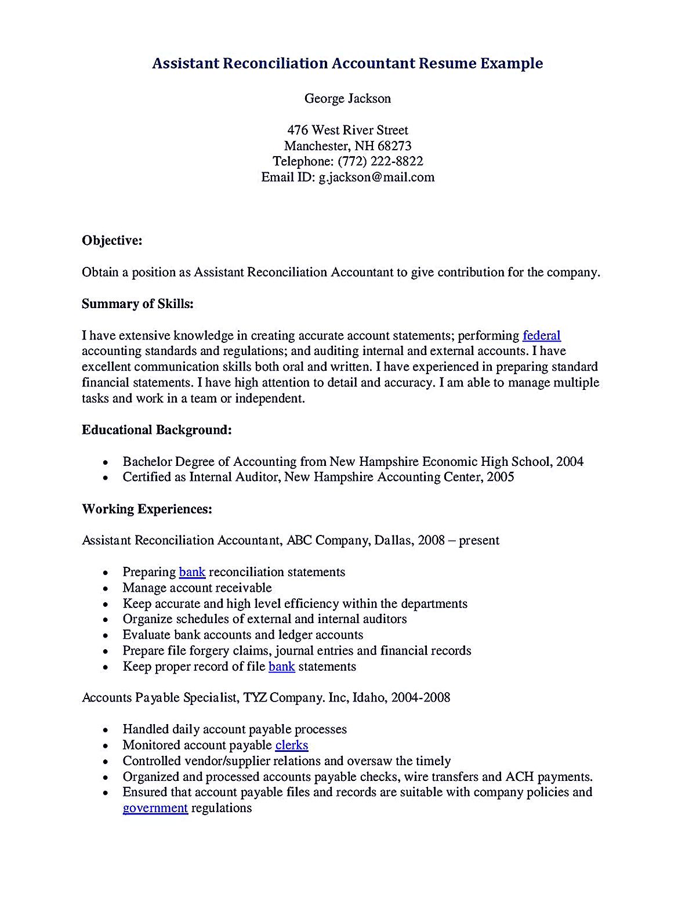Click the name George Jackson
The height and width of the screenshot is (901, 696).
(x=347, y=99)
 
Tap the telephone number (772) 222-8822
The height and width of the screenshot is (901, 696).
(x=380, y=161)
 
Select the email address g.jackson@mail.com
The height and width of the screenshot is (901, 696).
(x=376, y=177)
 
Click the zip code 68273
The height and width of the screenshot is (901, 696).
(x=394, y=146)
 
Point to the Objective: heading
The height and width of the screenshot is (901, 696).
(x=112, y=240)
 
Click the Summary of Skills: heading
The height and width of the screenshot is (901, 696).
(x=137, y=303)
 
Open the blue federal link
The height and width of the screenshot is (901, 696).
(x=541, y=335)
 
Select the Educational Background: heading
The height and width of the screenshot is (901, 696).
(x=157, y=430)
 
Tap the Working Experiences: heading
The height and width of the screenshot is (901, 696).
(x=147, y=509)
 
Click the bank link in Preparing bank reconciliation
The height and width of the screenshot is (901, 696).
(x=192, y=572)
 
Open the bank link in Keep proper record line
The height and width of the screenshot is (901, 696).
(x=282, y=667)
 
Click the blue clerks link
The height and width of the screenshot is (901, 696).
(x=292, y=745)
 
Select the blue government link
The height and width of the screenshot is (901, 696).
(x=155, y=808)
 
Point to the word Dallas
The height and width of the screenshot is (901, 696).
(x=393, y=540)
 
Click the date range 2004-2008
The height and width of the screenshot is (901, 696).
(x=420, y=697)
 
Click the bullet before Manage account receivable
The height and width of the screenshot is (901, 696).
(x=105, y=588)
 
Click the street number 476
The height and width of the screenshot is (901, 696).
(x=298, y=130)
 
